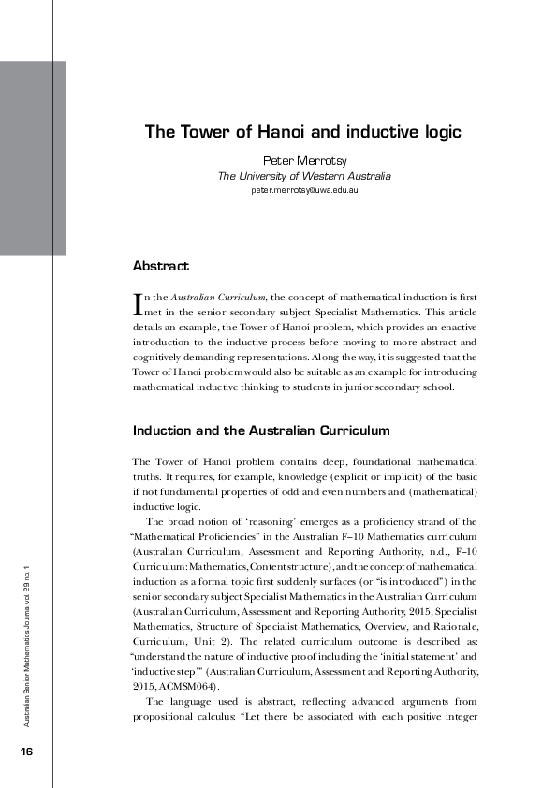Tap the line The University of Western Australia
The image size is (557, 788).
click(304, 176)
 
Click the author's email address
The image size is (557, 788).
click(304, 190)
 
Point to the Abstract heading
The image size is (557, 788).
click(160, 267)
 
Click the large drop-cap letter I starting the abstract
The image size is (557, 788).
click(139, 302)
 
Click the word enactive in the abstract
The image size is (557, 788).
click(453, 345)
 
